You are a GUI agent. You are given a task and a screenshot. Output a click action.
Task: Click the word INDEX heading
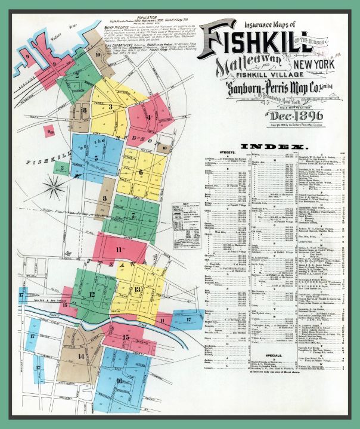pyautogui.click(x=274, y=146)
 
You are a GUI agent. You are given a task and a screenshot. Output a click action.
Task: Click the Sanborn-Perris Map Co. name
pyautogui.click(x=274, y=91)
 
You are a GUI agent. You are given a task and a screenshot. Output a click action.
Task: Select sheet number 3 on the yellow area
pyautogui.click(x=111, y=107)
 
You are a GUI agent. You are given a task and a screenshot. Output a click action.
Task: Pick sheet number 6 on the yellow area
pyautogui.click(x=141, y=173)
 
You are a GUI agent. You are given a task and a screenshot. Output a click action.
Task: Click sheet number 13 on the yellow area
pyautogui.click(x=138, y=290)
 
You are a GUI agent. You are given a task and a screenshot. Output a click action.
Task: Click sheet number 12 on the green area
pyautogui.click(x=92, y=294)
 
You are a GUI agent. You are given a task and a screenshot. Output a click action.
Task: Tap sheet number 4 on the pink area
pyautogui.click(x=148, y=117)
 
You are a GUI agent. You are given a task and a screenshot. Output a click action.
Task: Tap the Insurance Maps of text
pyautogui.click(x=253, y=26)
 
